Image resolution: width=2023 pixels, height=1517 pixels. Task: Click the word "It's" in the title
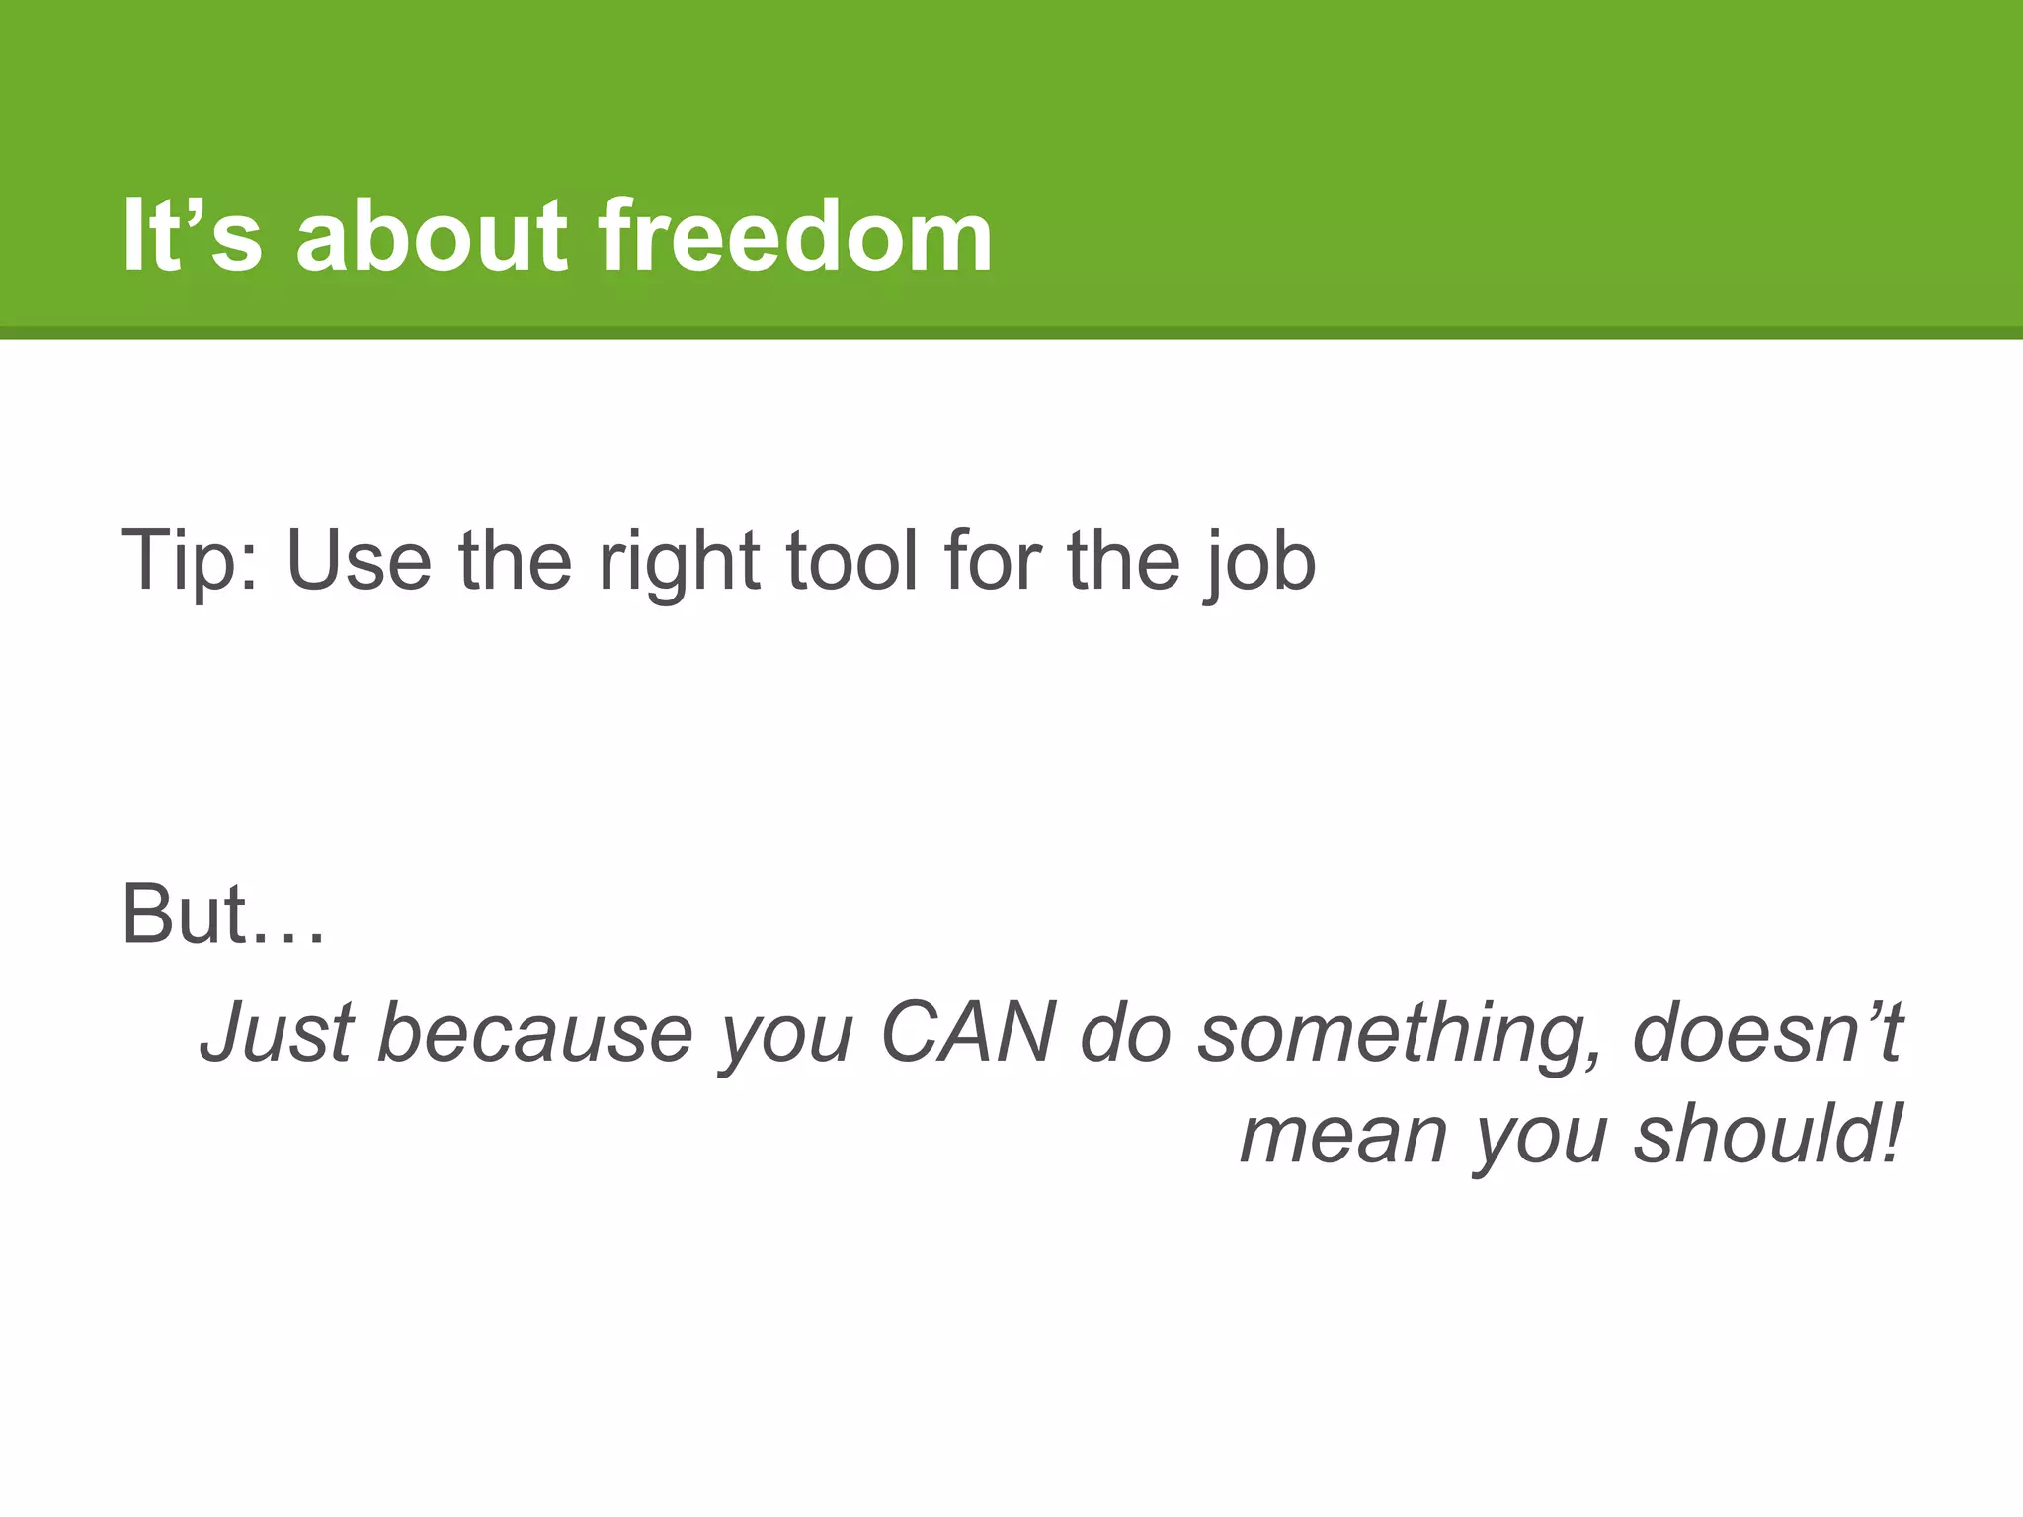click(x=193, y=236)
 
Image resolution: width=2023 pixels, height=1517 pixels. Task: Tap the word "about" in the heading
click(x=432, y=236)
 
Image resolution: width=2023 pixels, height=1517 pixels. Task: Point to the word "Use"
click(x=359, y=561)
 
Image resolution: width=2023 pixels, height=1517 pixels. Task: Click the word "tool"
click(x=851, y=561)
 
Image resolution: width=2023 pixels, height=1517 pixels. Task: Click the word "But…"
click(x=223, y=915)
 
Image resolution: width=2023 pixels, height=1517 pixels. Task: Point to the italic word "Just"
click(x=276, y=1033)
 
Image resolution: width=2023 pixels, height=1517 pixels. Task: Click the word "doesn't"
click(x=1767, y=1033)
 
